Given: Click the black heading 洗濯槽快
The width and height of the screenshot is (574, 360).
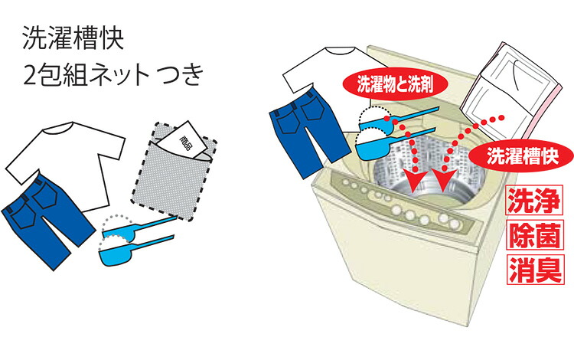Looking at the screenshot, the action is [x=73, y=38].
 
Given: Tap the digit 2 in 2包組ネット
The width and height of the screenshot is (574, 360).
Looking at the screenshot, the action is [x=30, y=75].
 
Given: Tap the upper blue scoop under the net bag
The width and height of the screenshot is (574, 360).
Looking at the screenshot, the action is [x=135, y=229].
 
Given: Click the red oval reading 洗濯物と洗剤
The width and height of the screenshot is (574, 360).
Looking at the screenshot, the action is [x=395, y=84].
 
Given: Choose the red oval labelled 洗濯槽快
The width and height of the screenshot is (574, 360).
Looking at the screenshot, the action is [x=522, y=156].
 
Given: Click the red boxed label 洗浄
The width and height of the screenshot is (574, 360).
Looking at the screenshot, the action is [x=534, y=201].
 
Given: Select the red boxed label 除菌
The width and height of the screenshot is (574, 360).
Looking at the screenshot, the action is [x=535, y=235].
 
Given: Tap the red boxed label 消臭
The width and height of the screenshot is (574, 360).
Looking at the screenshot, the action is [x=535, y=270].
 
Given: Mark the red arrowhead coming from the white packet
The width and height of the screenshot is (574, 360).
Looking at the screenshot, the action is [x=444, y=180].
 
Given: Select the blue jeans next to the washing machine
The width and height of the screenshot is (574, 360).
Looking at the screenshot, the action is [x=308, y=132].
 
